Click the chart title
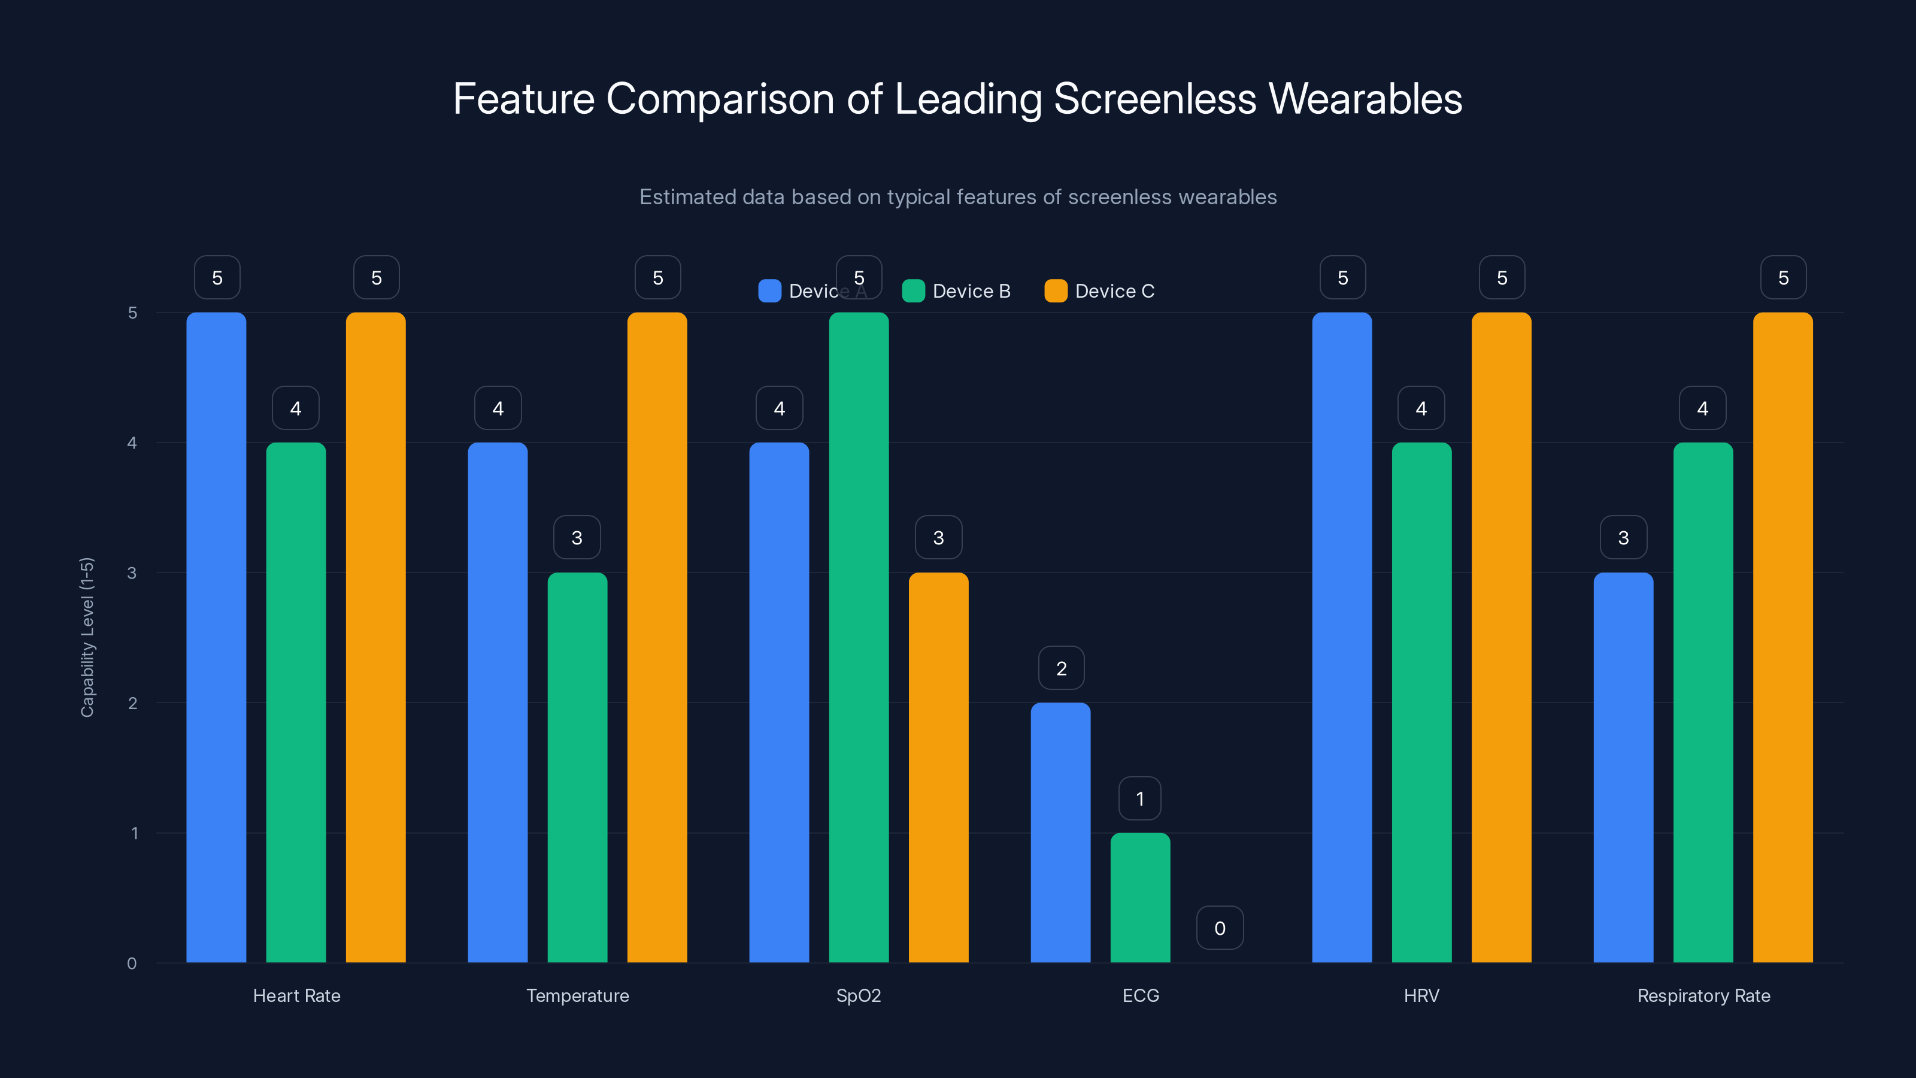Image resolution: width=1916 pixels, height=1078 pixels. (957, 99)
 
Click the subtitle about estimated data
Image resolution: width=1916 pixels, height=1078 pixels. (957, 197)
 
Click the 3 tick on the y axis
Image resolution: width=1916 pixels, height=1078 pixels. (132, 573)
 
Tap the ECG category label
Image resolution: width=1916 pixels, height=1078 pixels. (1140, 995)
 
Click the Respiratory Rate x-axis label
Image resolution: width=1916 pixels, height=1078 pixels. (1703, 995)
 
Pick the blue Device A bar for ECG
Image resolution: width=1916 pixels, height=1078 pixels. (1060, 833)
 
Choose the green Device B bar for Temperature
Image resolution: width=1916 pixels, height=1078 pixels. (577, 768)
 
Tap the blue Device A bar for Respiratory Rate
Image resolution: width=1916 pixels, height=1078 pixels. (1623, 768)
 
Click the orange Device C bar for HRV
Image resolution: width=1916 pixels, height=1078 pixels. (1501, 638)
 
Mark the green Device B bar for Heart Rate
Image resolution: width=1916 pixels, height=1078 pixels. (295, 702)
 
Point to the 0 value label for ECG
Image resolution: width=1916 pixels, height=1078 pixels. (1220, 928)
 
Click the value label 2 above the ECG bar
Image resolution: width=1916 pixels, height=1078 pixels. (1062, 668)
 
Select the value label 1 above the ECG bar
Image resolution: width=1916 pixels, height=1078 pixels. (1139, 798)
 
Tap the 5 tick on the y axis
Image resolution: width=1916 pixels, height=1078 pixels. (132, 313)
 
